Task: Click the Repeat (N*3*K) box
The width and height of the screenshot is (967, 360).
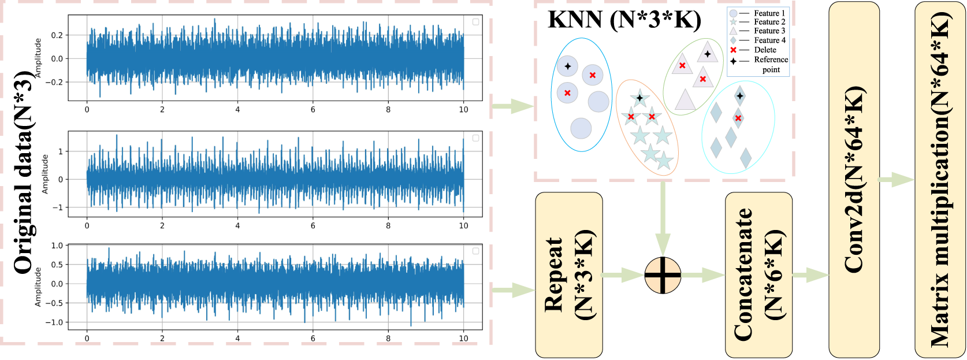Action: point(569,275)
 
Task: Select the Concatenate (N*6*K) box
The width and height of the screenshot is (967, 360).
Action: point(758,275)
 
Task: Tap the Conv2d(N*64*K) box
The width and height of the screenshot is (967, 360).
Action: point(854,179)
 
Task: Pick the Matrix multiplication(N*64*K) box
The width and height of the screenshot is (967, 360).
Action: point(940,179)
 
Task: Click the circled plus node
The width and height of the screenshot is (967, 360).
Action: point(663,275)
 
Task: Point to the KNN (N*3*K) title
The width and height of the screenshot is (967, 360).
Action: point(624,20)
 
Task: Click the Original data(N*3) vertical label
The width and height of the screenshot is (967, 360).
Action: point(24,173)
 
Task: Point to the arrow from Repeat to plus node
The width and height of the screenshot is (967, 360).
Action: point(622,275)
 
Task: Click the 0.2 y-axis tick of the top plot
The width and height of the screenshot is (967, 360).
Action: point(57,35)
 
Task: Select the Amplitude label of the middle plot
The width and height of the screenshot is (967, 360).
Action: point(45,174)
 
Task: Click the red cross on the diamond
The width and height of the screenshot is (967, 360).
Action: point(738,118)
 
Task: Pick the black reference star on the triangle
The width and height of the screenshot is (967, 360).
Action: point(708,54)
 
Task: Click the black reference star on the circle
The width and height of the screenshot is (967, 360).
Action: point(568,66)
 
